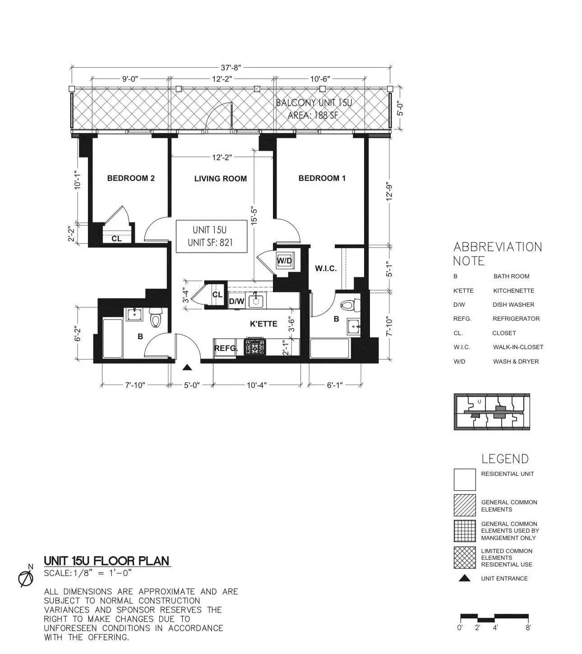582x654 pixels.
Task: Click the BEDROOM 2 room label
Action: coord(131,178)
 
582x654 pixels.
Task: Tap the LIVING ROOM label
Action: coord(220,179)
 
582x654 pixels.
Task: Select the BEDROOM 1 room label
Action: coord(322,178)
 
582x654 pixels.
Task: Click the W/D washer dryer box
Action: coord(285,261)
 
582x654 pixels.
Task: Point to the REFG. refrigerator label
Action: coord(226,348)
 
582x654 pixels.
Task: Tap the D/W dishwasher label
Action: coord(236,301)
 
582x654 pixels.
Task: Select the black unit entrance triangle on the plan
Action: coord(187,368)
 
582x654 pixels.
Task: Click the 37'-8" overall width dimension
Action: coord(231,68)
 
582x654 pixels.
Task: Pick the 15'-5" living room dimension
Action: coord(254,216)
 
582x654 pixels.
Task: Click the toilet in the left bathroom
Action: coord(156,318)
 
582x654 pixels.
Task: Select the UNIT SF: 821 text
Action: coord(210,243)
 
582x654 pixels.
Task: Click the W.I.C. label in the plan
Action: coord(326,268)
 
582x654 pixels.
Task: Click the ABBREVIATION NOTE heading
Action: coord(497,253)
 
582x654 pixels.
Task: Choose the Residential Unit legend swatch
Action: coord(464,479)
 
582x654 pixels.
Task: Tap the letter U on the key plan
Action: coord(479,401)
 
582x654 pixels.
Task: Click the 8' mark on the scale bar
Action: coord(528,627)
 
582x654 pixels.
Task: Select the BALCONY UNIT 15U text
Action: coord(314,103)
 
